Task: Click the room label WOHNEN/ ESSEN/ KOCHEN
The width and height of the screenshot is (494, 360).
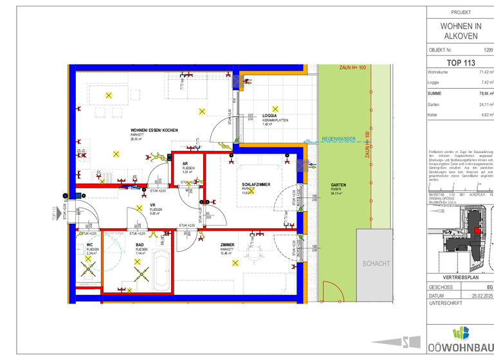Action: point(154,130)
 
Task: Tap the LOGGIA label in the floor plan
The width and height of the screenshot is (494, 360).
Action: point(270,116)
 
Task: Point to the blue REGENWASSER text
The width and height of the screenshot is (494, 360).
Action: point(337,138)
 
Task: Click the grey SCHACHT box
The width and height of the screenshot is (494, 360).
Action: point(375,264)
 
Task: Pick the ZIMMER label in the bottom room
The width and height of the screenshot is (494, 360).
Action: point(227,245)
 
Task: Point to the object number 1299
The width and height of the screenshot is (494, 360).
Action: point(488,50)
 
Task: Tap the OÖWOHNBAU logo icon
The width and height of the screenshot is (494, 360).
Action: point(461,334)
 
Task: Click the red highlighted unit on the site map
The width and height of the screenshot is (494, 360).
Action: point(476,231)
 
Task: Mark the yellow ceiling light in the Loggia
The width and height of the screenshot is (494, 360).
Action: point(275,109)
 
